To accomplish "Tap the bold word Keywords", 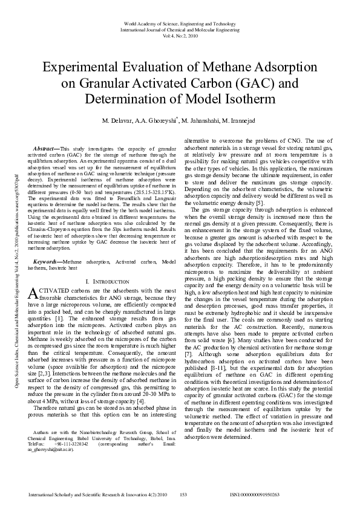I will point(47,261).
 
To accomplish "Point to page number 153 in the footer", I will point(183,494).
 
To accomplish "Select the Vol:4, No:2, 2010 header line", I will point(180,35).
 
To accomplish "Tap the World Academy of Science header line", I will point(180,22).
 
